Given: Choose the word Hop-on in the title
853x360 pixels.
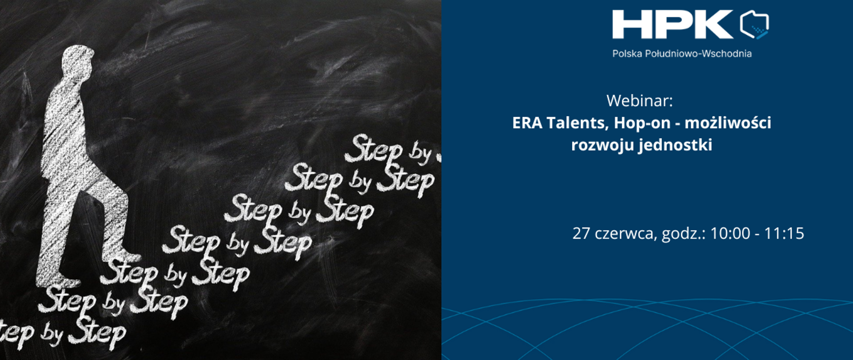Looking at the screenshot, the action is (642, 123).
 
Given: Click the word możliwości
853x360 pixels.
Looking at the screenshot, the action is (728, 123).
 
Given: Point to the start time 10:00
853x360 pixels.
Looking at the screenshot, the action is (730, 233).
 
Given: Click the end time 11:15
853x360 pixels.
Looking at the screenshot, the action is (784, 233).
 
